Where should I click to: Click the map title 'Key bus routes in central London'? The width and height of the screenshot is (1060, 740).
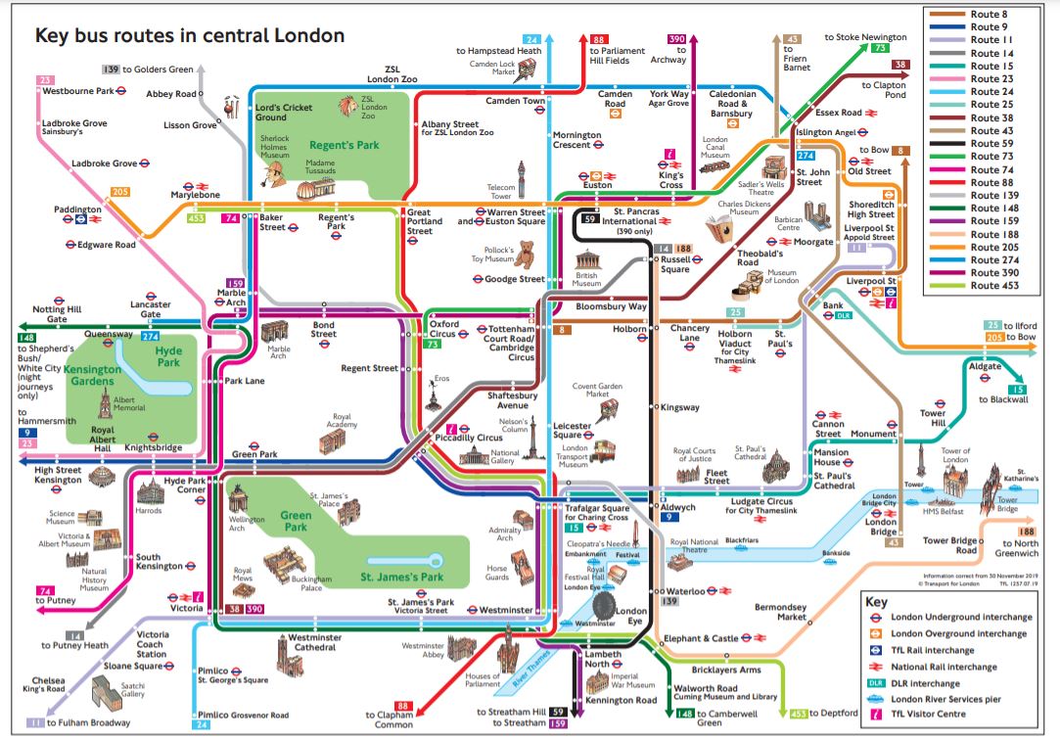coord(190,36)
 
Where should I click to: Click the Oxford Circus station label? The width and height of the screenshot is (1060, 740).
coord(444,328)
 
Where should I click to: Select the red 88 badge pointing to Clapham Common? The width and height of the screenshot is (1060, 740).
coord(401,706)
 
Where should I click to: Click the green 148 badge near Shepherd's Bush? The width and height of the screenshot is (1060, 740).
coord(26,339)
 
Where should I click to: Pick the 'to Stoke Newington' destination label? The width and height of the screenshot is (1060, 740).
coord(865,37)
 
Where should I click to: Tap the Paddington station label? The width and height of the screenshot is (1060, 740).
coord(78,209)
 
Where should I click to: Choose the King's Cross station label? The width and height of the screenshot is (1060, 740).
coord(671,179)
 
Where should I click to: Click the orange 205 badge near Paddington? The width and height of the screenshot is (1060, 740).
coord(120,193)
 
